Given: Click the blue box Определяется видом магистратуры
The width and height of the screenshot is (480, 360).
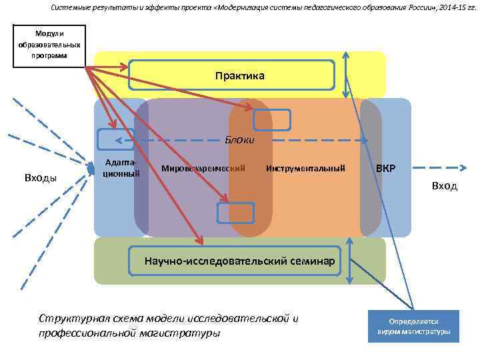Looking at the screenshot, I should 413,326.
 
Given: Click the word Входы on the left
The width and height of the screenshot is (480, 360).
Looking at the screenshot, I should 41,177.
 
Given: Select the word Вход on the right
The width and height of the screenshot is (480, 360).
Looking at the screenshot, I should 444,186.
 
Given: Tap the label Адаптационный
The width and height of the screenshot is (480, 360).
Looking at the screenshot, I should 122,168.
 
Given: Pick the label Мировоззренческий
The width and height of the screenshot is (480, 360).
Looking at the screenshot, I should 203,168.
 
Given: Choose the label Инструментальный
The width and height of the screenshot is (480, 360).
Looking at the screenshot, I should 305,168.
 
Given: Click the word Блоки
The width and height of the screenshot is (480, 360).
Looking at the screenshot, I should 239,141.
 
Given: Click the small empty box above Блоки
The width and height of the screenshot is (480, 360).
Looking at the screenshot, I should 272,119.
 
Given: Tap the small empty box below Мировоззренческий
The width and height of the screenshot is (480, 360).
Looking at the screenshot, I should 236,212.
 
